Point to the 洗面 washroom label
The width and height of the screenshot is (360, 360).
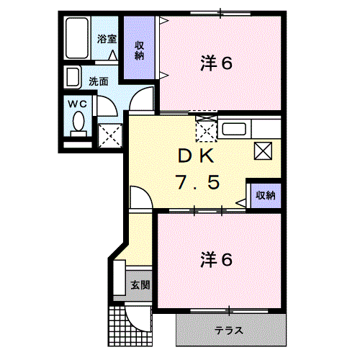pyautogui.click(x=99, y=81)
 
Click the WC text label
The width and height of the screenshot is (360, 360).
pyautogui.click(x=76, y=104)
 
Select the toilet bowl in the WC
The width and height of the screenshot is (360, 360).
pyautogui.click(x=77, y=124)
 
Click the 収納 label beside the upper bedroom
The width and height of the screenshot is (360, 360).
pyautogui.click(x=139, y=50)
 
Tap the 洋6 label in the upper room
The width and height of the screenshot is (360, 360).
pyautogui.click(x=216, y=63)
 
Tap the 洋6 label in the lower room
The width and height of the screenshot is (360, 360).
pyautogui.click(x=216, y=257)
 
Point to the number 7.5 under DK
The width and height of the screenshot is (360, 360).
pyautogui.click(x=197, y=182)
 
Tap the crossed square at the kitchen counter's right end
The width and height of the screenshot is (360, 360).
pyautogui.click(x=262, y=150)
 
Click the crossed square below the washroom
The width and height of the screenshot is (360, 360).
pyautogui.click(x=109, y=135)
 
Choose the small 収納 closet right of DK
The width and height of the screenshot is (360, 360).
pyautogui.click(x=266, y=195)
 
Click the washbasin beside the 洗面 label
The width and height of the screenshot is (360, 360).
pyautogui.click(x=73, y=76)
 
